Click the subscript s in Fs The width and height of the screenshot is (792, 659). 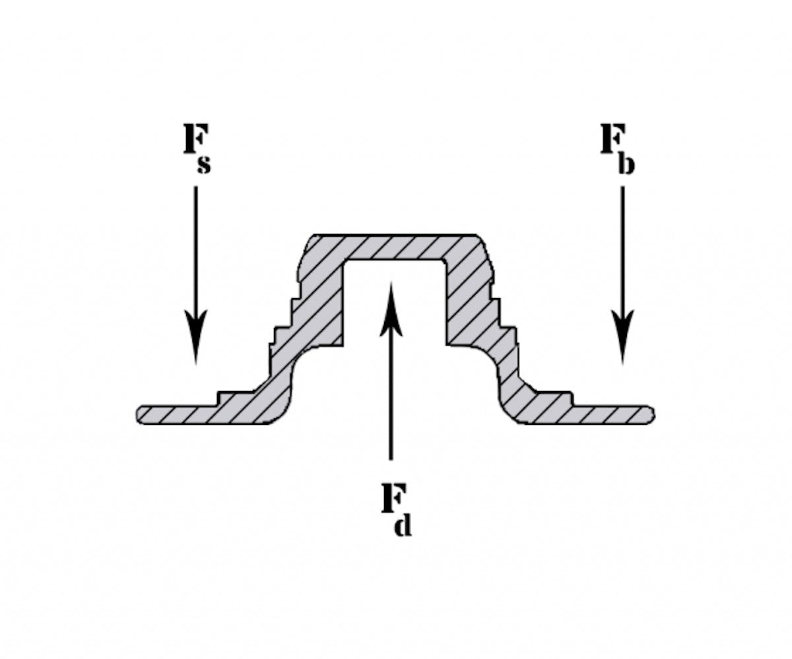point(205,164)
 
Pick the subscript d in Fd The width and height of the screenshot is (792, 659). point(403,525)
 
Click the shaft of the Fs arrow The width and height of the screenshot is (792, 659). point(195,251)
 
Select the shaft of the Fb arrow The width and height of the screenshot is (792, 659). point(622,251)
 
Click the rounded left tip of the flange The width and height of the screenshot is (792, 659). point(140,414)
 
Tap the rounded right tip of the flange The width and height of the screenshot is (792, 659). point(651,414)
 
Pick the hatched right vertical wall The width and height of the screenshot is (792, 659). point(466,297)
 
